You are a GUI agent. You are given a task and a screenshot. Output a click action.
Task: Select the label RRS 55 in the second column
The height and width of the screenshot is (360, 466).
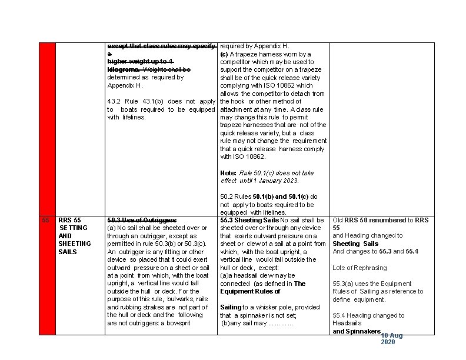[x=69, y=220]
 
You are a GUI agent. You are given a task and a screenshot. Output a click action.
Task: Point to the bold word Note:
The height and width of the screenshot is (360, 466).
[x=228, y=173]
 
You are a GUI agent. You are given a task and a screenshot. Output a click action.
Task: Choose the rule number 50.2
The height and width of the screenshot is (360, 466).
[x=227, y=196]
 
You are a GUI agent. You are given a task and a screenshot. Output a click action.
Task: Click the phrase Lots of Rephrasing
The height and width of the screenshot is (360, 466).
[x=360, y=268]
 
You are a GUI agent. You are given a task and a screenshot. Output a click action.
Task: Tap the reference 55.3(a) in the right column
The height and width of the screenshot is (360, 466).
[x=345, y=284]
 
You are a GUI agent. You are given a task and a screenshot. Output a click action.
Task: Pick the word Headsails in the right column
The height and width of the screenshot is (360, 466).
[x=347, y=323]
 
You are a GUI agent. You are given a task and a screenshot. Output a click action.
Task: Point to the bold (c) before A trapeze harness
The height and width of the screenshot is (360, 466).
[x=224, y=54]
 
